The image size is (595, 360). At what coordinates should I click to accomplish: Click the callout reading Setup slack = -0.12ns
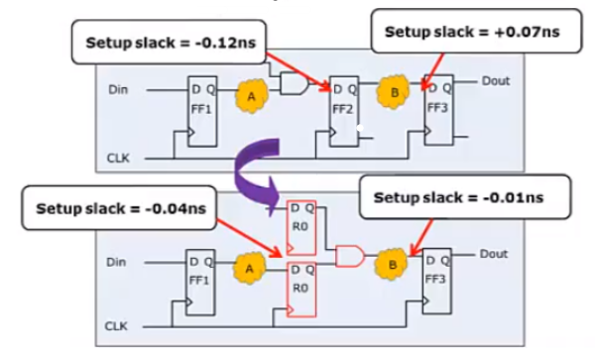tap(164, 42)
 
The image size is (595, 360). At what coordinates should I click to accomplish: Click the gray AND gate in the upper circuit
tap(295, 86)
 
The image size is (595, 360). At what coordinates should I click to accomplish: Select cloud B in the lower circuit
tap(393, 264)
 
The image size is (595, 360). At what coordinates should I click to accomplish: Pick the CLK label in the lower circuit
tap(118, 325)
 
